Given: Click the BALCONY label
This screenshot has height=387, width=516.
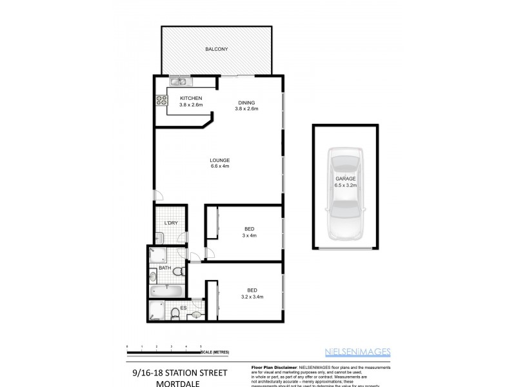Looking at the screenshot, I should (216, 49).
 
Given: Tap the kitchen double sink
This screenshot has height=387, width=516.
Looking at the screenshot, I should (179, 81).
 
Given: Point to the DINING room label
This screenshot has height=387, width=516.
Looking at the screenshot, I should (246, 105).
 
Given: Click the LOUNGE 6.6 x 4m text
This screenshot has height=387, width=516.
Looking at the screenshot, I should (220, 163).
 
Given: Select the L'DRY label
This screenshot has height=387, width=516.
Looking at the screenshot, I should (171, 223).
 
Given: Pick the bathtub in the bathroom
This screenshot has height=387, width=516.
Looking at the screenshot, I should (166, 291).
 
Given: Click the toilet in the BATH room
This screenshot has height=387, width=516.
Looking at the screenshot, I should (154, 276).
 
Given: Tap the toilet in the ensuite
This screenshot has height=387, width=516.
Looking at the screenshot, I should (176, 313).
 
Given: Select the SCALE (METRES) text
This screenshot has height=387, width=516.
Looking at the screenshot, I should (215, 351).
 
